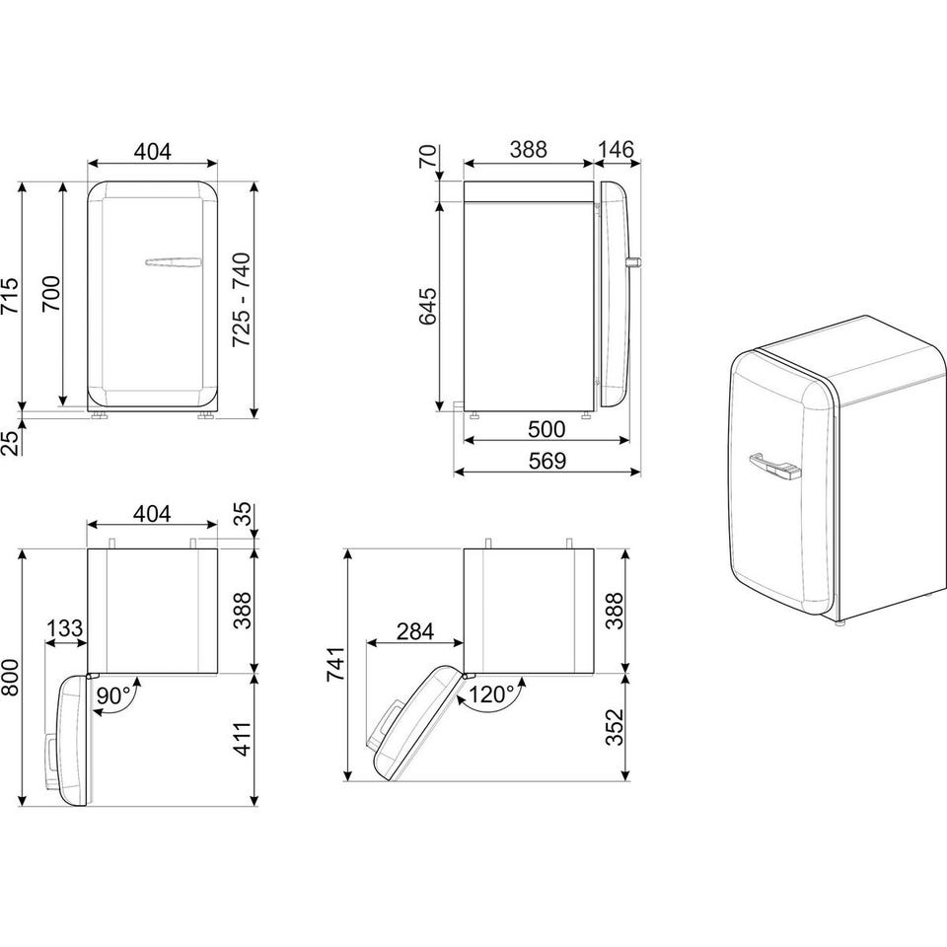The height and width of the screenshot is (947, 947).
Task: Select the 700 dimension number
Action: click(51, 294)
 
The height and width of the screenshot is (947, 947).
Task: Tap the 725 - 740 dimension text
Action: click(242, 299)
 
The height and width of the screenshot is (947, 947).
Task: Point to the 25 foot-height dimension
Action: click(10, 443)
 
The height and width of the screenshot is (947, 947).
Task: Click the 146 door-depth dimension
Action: click(616, 149)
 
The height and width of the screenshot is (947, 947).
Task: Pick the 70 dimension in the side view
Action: click(427, 157)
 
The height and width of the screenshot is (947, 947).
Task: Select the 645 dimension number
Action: click(427, 306)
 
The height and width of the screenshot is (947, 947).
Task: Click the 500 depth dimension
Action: click(546, 429)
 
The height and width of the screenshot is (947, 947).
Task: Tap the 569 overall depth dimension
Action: click(547, 461)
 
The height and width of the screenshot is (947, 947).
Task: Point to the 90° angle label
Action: click(113, 695)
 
